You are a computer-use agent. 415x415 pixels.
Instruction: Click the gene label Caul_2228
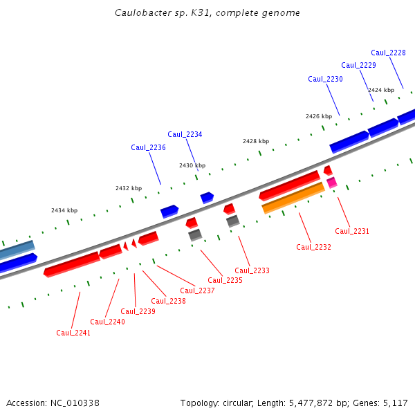(388, 53)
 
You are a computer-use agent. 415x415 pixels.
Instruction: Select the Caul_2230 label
(325, 79)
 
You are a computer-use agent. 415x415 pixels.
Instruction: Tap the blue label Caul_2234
(185, 134)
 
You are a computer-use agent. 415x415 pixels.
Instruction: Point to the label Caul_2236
(148, 147)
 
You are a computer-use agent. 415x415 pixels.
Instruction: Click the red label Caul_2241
(73, 333)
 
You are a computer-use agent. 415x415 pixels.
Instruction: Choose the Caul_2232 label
(313, 247)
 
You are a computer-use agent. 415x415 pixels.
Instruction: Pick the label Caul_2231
(352, 231)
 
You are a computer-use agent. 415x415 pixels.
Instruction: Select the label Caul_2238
(168, 301)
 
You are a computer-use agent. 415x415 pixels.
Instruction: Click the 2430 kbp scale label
(192, 165)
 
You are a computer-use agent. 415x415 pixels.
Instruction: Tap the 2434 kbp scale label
(64, 210)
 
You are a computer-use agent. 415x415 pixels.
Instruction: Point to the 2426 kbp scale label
(319, 116)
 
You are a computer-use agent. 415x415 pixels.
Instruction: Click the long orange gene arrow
(293, 198)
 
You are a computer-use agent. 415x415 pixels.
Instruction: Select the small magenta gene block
(332, 183)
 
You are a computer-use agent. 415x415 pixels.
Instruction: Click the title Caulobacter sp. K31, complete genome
(207, 13)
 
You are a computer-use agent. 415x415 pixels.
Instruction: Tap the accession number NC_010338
(75, 403)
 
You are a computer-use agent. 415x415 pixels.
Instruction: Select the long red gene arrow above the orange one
(289, 185)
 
